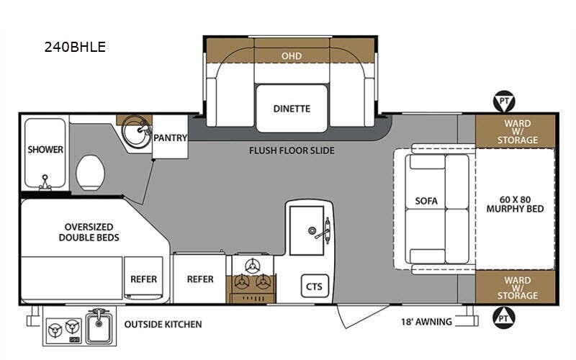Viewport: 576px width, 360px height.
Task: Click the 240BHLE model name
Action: click(75, 48)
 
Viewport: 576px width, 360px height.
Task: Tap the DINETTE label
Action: click(292, 109)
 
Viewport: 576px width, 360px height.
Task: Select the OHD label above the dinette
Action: click(292, 55)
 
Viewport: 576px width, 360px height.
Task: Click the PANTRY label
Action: click(171, 138)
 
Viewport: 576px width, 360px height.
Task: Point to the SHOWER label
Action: click(45, 150)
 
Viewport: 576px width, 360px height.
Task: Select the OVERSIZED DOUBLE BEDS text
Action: click(89, 231)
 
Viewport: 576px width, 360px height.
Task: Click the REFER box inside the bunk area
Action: click(143, 279)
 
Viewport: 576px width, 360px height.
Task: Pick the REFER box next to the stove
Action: click(200, 279)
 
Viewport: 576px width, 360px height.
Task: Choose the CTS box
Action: click(314, 286)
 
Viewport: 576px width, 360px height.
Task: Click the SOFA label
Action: click(427, 200)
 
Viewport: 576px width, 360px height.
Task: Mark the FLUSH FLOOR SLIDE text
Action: click(292, 150)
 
